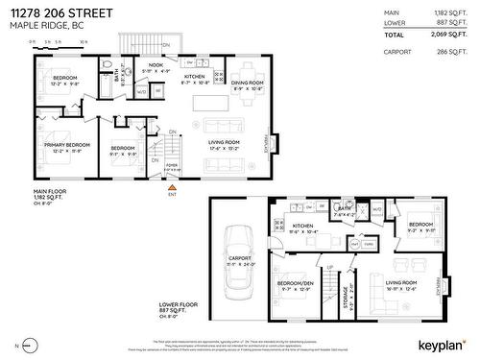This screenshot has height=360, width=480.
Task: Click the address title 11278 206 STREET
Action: coord(72,12)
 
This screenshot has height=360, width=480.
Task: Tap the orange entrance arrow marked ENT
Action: coord(172,188)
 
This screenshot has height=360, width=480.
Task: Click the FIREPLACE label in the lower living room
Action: coord(442,286)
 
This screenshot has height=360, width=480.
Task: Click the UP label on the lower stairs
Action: coord(330,268)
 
